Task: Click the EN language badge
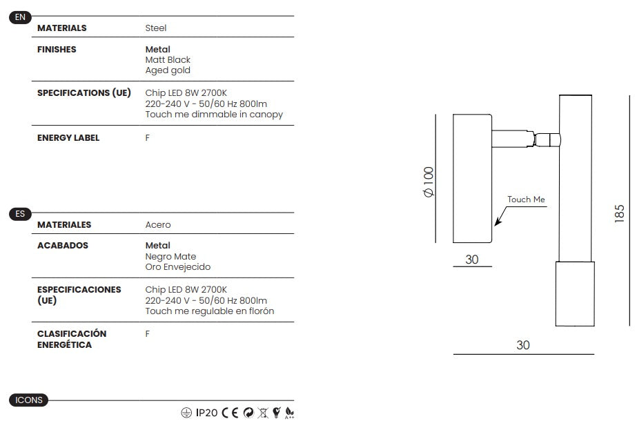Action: (20, 17)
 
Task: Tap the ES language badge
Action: (20, 214)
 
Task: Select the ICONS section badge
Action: (28, 400)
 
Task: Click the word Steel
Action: (156, 28)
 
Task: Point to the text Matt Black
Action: (168, 60)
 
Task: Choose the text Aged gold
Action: (168, 70)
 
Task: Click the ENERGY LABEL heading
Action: (68, 138)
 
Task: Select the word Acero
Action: (158, 225)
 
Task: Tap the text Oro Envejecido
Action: (178, 267)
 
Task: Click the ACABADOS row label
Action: (63, 246)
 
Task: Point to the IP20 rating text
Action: (206, 413)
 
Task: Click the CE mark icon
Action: (230, 413)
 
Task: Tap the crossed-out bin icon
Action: (263, 413)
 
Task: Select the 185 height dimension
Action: (619, 213)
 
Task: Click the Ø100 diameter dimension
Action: (429, 182)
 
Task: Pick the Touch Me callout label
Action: (526, 199)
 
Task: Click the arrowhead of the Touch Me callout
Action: (496, 223)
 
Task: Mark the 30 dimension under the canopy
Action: (471, 260)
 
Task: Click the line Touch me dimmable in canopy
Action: (214, 115)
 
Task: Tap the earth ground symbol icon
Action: (186, 413)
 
